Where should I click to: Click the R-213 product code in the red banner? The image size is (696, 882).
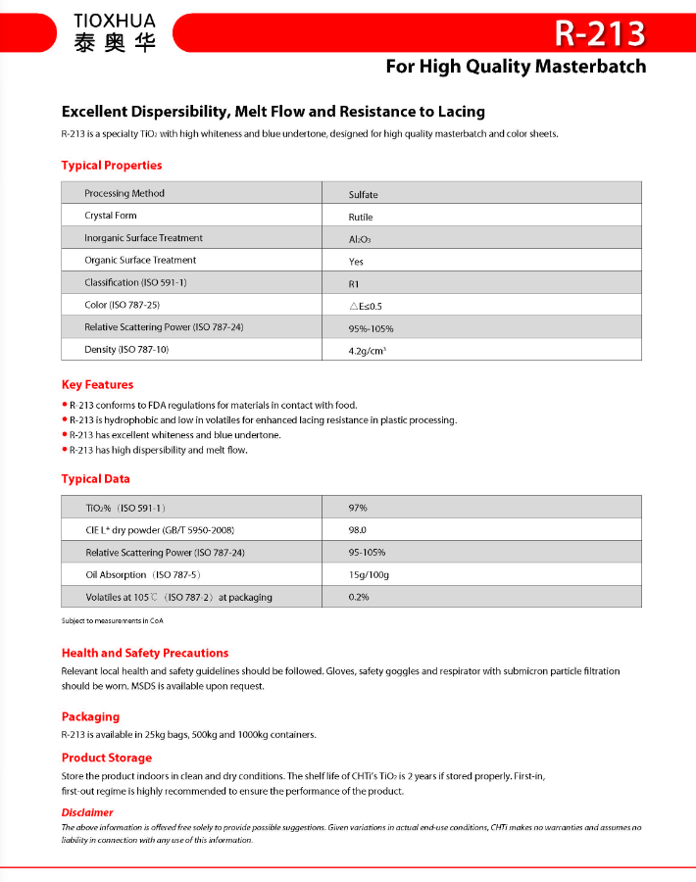pyautogui.click(x=600, y=33)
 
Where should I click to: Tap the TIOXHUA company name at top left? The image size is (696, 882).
pyautogui.click(x=114, y=20)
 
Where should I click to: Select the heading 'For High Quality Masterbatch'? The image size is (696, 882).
pyautogui.click(x=516, y=67)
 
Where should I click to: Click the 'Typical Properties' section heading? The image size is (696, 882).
pyautogui.click(x=112, y=166)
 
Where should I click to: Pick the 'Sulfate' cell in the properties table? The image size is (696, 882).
pyautogui.click(x=363, y=195)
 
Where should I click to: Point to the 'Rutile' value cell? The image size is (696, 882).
pyautogui.click(x=361, y=217)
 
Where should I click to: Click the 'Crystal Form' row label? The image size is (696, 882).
pyautogui.click(x=111, y=216)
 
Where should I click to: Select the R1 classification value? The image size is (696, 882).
pyautogui.click(x=356, y=284)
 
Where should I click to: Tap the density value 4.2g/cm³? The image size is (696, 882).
pyautogui.click(x=367, y=351)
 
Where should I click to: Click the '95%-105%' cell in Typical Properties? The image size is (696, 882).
pyautogui.click(x=371, y=329)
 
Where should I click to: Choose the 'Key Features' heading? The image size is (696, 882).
pyautogui.click(x=97, y=385)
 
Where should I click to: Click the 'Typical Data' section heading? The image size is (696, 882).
pyautogui.click(x=95, y=479)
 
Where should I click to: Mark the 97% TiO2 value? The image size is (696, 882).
pyautogui.click(x=358, y=508)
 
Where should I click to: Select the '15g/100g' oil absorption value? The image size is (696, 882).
pyautogui.click(x=369, y=574)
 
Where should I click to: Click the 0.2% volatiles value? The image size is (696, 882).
pyautogui.click(x=359, y=597)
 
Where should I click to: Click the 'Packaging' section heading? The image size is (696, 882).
pyautogui.click(x=90, y=717)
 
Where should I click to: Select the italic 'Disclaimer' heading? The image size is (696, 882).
pyautogui.click(x=87, y=812)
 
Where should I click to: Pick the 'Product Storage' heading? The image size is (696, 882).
pyautogui.click(x=107, y=758)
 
